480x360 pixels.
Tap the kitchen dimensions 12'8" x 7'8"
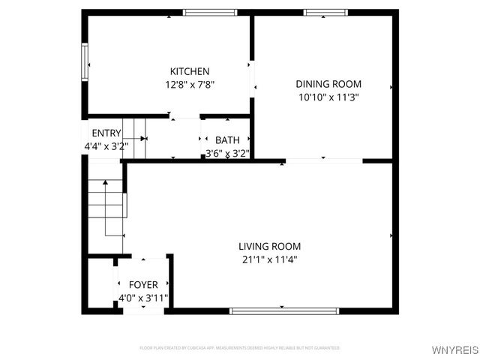click(x=190, y=85)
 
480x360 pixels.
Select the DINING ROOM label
click(x=328, y=84)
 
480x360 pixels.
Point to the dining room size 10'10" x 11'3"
click(x=328, y=97)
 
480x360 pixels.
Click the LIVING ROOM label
click(x=270, y=246)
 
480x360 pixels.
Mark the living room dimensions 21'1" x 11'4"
click(x=270, y=259)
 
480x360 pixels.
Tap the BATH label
click(x=227, y=140)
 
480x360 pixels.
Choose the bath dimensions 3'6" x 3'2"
click(x=227, y=153)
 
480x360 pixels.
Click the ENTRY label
click(x=106, y=133)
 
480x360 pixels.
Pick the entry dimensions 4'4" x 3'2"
click(x=106, y=146)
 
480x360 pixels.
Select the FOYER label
click(x=143, y=285)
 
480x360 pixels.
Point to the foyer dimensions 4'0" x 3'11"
click(x=143, y=298)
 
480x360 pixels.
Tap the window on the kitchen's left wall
click(x=85, y=61)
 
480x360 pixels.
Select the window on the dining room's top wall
click(x=325, y=13)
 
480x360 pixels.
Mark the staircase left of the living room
click(x=106, y=204)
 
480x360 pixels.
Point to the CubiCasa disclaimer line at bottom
click(x=240, y=348)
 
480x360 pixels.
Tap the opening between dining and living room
click(x=324, y=160)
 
